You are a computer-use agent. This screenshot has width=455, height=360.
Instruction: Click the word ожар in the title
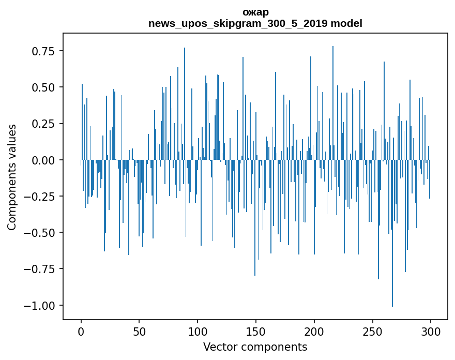coord(255,12)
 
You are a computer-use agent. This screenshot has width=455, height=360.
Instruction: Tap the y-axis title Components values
coord(12,177)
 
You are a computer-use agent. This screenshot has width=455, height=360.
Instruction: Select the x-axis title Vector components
coord(255,347)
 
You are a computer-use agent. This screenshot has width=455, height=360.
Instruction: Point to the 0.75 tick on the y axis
coord(44,51)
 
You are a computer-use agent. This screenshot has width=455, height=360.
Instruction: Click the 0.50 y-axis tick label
coord(44,87)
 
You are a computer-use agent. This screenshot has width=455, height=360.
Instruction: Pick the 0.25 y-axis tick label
coord(44,124)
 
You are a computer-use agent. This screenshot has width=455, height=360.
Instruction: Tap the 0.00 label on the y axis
coord(44,160)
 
